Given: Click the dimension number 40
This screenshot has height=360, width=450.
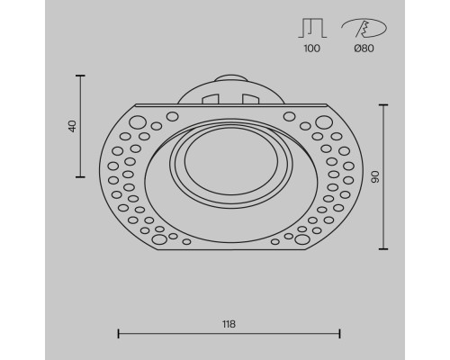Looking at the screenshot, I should coord(73,126).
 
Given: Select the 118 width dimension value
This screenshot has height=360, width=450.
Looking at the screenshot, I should coord(229,322).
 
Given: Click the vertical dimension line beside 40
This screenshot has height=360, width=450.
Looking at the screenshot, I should coord(82,126).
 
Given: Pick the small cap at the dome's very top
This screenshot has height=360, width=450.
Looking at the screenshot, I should coord(229,77).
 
